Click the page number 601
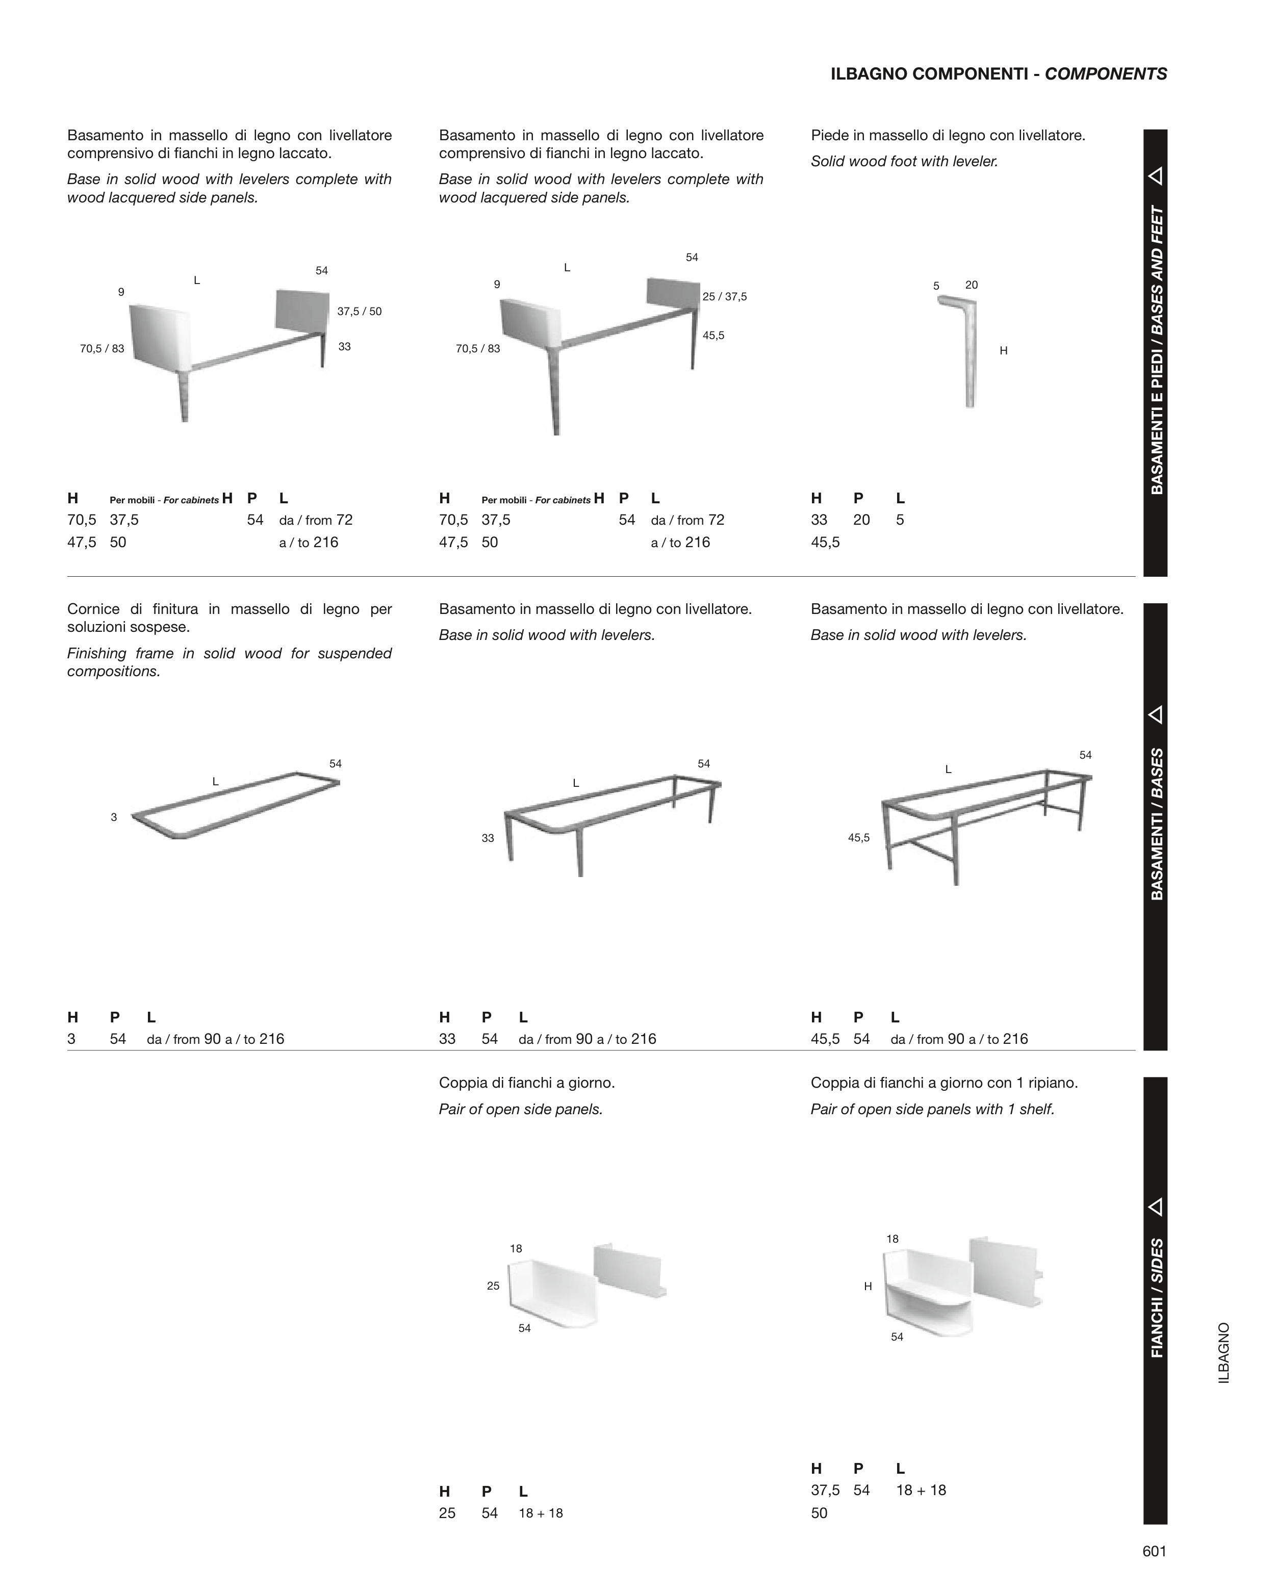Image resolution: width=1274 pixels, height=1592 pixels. pos(1154,1551)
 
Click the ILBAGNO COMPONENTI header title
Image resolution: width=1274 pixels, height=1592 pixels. pos(999,74)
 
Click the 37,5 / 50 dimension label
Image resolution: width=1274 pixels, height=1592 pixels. pos(359,312)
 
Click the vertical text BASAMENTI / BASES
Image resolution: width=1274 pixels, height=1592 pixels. pos(1157,824)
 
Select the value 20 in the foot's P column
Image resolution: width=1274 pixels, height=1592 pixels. pos(861,520)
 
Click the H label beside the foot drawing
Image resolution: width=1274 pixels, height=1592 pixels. pos(1003,351)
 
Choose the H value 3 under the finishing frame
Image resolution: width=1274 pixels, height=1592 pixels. pos(71,1039)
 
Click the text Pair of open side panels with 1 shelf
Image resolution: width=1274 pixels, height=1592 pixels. pos(932,1109)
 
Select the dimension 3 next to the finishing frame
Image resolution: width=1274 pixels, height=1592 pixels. pos(114,817)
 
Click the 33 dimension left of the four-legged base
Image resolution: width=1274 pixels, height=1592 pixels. pos(488,838)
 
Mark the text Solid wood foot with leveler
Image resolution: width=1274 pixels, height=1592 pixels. pos(904,161)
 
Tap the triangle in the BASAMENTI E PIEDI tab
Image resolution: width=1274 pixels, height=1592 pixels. pos(1156,176)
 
